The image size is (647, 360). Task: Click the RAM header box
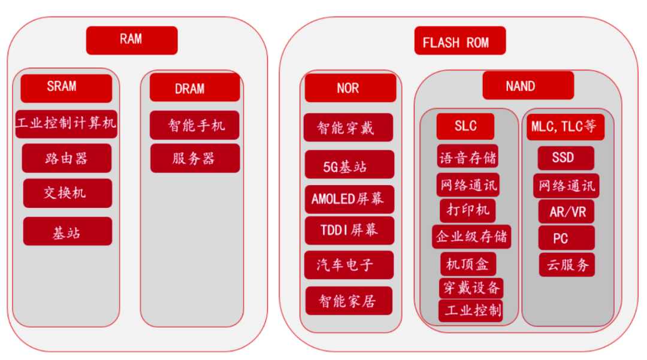click(x=132, y=40)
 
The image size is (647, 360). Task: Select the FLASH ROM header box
click(x=459, y=42)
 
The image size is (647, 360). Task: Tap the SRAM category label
click(x=66, y=87)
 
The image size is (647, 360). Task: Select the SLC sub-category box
click(x=465, y=126)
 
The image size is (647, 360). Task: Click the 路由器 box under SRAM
click(x=66, y=158)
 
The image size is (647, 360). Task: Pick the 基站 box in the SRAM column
click(x=67, y=232)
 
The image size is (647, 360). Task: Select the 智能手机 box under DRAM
click(x=195, y=125)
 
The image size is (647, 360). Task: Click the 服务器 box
click(x=195, y=158)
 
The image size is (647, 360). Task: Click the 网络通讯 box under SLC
click(x=468, y=185)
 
